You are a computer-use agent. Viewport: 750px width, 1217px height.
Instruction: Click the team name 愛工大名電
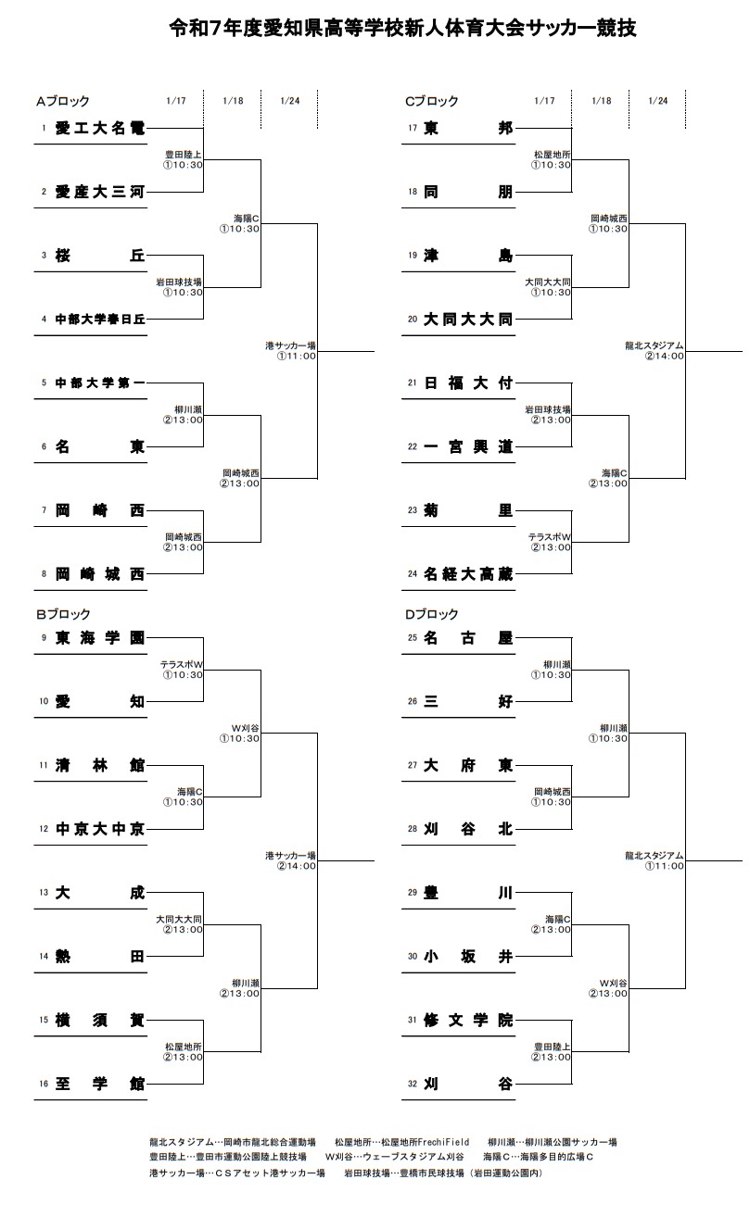tap(99, 128)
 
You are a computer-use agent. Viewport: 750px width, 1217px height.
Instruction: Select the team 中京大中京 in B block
tap(99, 829)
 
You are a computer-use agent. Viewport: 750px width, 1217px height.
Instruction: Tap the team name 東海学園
tap(99, 637)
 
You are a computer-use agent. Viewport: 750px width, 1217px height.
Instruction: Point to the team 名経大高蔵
tap(468, 574)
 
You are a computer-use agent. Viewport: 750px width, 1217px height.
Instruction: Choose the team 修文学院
tap(468, 1021)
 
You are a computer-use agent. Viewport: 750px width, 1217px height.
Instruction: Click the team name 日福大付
tap(468, 383)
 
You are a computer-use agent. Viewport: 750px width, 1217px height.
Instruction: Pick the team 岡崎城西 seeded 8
tap(99, 574)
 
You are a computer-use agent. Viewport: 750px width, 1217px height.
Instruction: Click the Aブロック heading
tap(63, 101)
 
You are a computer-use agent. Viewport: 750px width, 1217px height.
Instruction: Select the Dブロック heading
tap(432, 614)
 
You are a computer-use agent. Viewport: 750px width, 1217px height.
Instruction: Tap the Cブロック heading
tap(432, 101)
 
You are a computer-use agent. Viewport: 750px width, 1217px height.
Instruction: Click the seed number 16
tap(43, 1084)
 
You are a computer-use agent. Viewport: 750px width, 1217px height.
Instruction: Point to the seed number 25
tap(413, 637)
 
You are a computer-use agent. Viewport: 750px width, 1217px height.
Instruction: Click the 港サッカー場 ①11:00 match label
tap(291, 350)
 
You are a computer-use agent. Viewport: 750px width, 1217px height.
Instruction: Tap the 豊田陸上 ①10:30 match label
tap(184, 160)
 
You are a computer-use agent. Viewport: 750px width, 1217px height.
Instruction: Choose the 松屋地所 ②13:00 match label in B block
tap(184, 1051)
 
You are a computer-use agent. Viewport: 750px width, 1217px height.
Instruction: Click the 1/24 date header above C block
tap(658, 101)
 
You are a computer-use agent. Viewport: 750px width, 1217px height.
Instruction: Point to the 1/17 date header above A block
tap(175, 101)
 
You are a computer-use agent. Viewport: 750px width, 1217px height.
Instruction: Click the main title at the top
tap(402, 29)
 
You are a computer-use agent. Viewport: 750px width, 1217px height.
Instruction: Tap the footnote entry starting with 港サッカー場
tap(237, 1173)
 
